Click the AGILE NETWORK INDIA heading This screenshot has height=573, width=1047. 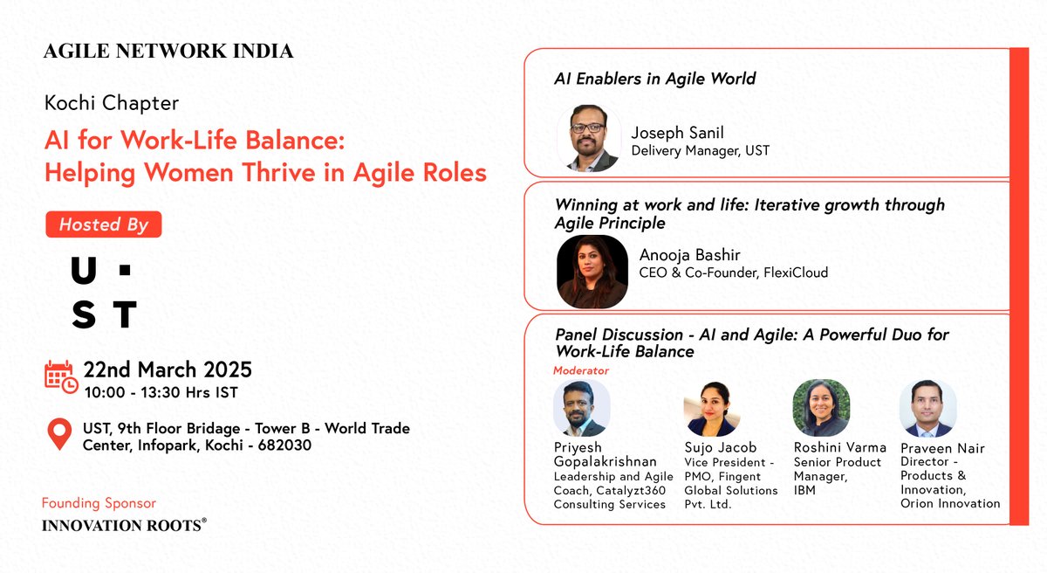168,52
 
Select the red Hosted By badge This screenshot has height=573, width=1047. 103,224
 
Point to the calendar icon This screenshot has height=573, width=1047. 61,376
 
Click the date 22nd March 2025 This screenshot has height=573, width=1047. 168,369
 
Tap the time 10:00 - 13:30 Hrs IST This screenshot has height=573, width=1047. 161,392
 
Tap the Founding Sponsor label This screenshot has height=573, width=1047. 99,503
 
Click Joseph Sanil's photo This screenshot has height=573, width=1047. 589,138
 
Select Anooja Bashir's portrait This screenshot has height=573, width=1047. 592,272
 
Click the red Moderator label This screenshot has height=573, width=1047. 581,370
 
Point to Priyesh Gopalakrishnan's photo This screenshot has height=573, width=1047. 581,408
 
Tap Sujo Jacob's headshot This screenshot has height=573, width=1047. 711,408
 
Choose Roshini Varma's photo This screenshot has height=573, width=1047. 820,408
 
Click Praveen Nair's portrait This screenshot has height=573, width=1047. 927,408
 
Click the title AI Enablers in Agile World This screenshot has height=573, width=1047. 654,79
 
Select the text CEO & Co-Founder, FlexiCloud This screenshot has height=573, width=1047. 733,273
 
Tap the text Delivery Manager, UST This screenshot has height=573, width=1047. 700,151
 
